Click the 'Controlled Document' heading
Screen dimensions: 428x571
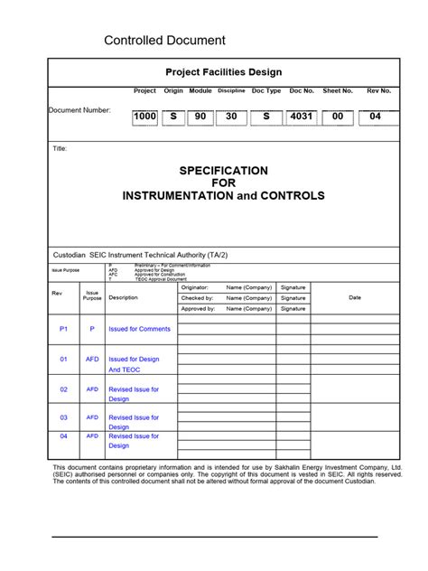(164, 41)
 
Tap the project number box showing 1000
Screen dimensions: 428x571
(144, 117)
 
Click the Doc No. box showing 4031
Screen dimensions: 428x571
(302, 117)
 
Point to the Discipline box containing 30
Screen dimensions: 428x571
(231, 117)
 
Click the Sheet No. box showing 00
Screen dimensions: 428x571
(337, 117)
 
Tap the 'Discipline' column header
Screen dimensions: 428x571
(231, 91)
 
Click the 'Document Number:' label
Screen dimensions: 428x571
(79, 110)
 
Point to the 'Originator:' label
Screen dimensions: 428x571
(195, 287)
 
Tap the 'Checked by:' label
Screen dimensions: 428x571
(197, 298)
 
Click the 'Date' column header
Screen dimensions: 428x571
(355, 297)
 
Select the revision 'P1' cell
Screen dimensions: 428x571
(63, 330)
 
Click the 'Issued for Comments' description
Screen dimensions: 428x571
(139, 330)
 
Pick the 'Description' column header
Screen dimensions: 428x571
(123, 297)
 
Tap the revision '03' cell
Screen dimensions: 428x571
(64, 417)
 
